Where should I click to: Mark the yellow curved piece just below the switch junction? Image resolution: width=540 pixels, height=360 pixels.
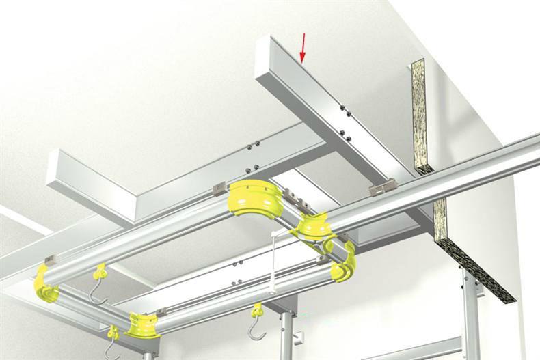(x=345, y=262)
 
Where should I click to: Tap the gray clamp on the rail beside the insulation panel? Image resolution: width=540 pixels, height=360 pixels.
(x=382, y=186)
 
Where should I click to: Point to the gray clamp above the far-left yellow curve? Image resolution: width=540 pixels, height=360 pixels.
(x=50, y=260)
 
